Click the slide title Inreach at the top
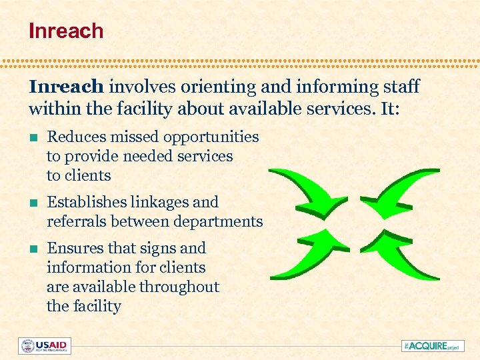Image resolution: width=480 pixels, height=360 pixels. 66,31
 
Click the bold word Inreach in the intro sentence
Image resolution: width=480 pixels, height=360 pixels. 66,87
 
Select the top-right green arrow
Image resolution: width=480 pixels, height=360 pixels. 397,190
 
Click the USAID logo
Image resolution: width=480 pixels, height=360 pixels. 45,346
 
